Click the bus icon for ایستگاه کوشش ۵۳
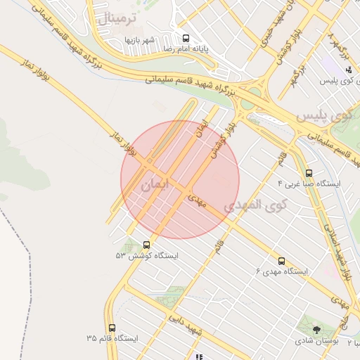pos(146,245)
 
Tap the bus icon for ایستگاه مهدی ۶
pos(282,261)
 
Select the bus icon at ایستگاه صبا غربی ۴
pos(309,173)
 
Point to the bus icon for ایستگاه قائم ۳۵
pos(112,328)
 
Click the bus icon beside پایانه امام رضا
pos(186,39)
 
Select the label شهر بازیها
pos(140,40)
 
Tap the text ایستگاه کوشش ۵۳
pos(147,256)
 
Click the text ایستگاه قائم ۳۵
pos(112,338)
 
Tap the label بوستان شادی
pos(314,341)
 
